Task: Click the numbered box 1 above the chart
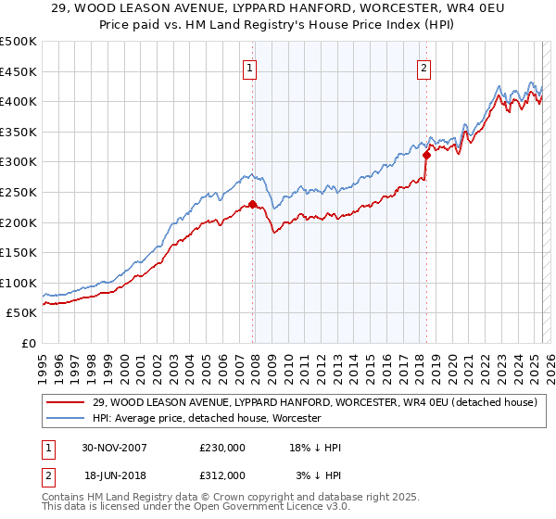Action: coord(251,67)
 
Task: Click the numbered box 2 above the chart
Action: coord(423,67)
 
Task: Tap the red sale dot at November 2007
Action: coord(253,204)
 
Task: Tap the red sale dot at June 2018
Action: coord(426,155)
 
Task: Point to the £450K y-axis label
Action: coord(19,71)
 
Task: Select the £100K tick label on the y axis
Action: coord(19,283)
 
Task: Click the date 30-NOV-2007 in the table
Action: coord(115,448)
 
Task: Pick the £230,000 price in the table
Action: coord(222,448)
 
